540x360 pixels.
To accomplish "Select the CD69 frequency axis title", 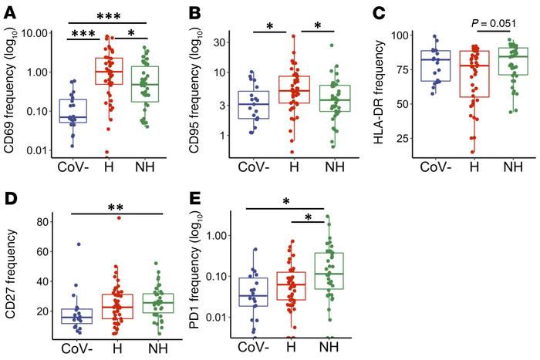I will (x=9, y=94).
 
